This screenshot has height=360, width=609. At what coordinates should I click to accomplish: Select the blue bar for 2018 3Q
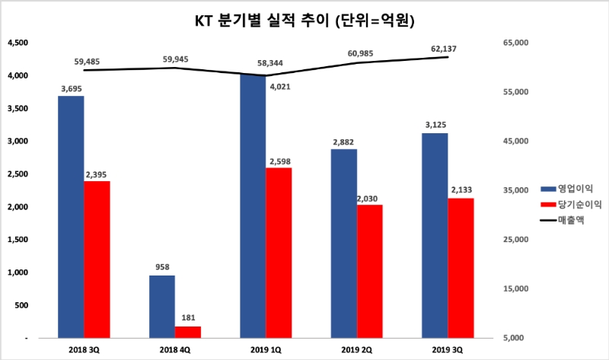(x=71, y=216)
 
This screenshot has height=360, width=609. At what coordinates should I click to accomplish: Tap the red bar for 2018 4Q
(x=188, y=331)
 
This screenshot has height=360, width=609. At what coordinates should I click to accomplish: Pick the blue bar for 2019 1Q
(x=253, y=205)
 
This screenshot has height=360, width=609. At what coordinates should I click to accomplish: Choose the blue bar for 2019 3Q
(x=435, y=235)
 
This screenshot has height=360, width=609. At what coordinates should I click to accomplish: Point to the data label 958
(x=162, y=267)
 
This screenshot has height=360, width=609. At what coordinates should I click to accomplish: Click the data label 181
(x=188, y=318)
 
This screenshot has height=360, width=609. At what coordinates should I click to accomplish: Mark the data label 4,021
(x=279, y=87)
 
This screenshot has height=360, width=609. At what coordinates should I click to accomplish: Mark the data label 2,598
(x=279, y=161)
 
